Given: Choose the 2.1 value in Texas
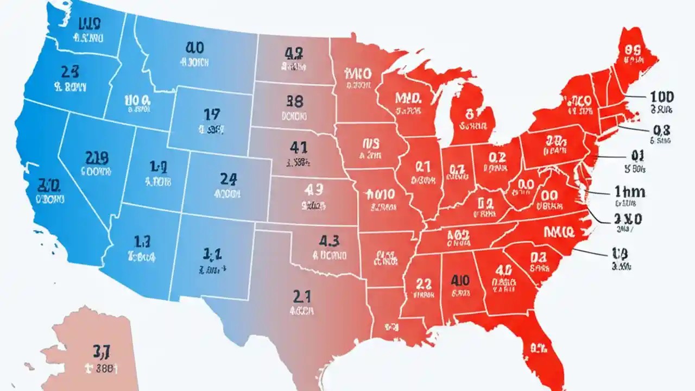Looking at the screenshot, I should point(302,296).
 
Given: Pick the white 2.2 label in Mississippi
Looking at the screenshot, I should point(423,283).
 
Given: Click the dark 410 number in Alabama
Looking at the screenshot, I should point(459,280).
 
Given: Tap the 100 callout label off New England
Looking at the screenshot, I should point(661,97).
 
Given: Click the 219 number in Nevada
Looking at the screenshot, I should point(97,157).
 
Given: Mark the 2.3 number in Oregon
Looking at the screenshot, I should point(70,71).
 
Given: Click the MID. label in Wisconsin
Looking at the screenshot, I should point(409,98).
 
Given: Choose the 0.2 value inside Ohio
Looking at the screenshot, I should point(497,157).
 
